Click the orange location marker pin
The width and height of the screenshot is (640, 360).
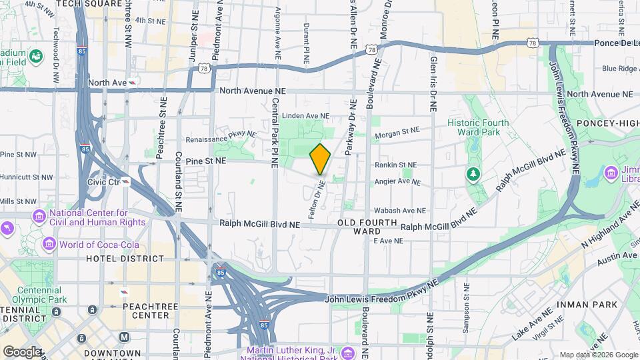(x=320, y=159)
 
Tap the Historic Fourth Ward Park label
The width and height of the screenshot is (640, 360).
(x=478, y=127)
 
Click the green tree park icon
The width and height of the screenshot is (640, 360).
(x=473, y=174)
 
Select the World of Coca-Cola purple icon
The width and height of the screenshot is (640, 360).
(x=49, y=244)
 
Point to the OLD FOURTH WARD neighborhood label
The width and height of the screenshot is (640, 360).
(x=367, y=227)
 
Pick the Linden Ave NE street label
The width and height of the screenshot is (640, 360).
(x=302, y=116)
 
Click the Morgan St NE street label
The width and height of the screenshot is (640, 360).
(x=397, y=133)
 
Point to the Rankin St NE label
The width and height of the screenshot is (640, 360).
(x=395, y=165)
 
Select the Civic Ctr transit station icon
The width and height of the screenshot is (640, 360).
(x=126, y=181)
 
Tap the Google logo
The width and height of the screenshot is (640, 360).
(x=21, y=351)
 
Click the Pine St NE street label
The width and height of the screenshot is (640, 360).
(x=206, y=161)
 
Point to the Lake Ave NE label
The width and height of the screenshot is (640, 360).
(x=533, y=320)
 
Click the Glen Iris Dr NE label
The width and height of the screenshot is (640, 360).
(x=433, y=73)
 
